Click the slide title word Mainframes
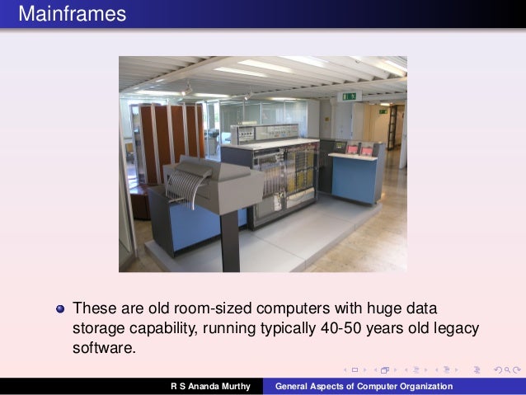(x=72, y=14)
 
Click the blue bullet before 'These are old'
(x=59, y=309)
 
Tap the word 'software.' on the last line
(x=103, y=348)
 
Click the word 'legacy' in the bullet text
(x=456, y=328)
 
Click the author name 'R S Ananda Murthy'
(x=210, y=386)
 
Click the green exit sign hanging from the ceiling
(x=350, y=96)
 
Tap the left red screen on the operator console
(x=354, y=150)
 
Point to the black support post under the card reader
(x=230, y=238)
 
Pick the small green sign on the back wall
(x=383, y=111)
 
